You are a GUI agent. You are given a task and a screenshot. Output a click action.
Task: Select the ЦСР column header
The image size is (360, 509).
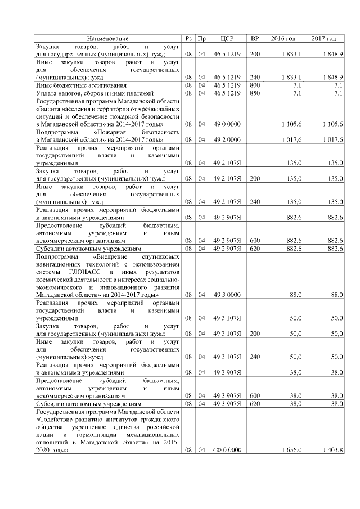[227, 38]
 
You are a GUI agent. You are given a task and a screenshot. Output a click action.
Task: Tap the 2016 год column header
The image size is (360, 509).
[283, 38]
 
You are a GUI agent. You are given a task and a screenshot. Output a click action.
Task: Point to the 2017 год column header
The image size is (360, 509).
[323, 38]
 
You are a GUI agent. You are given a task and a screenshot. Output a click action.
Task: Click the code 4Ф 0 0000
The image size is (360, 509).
[227, 450]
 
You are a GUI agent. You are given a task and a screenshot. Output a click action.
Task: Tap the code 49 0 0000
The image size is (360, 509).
[227, 124]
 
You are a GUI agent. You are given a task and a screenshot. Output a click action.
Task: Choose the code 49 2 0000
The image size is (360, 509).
[227, 139]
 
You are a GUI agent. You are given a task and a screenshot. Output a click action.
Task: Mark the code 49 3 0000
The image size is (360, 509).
[227, 294]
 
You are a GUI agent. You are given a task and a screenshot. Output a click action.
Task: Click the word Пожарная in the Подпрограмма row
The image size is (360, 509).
[112, 132]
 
